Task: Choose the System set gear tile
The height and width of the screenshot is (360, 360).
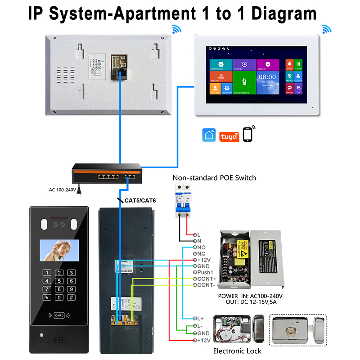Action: point(226,89)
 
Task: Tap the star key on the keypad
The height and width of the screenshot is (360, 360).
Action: point(46,297)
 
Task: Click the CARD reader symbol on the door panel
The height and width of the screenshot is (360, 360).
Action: point(59,315)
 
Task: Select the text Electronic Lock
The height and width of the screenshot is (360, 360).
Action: point(237,351)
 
